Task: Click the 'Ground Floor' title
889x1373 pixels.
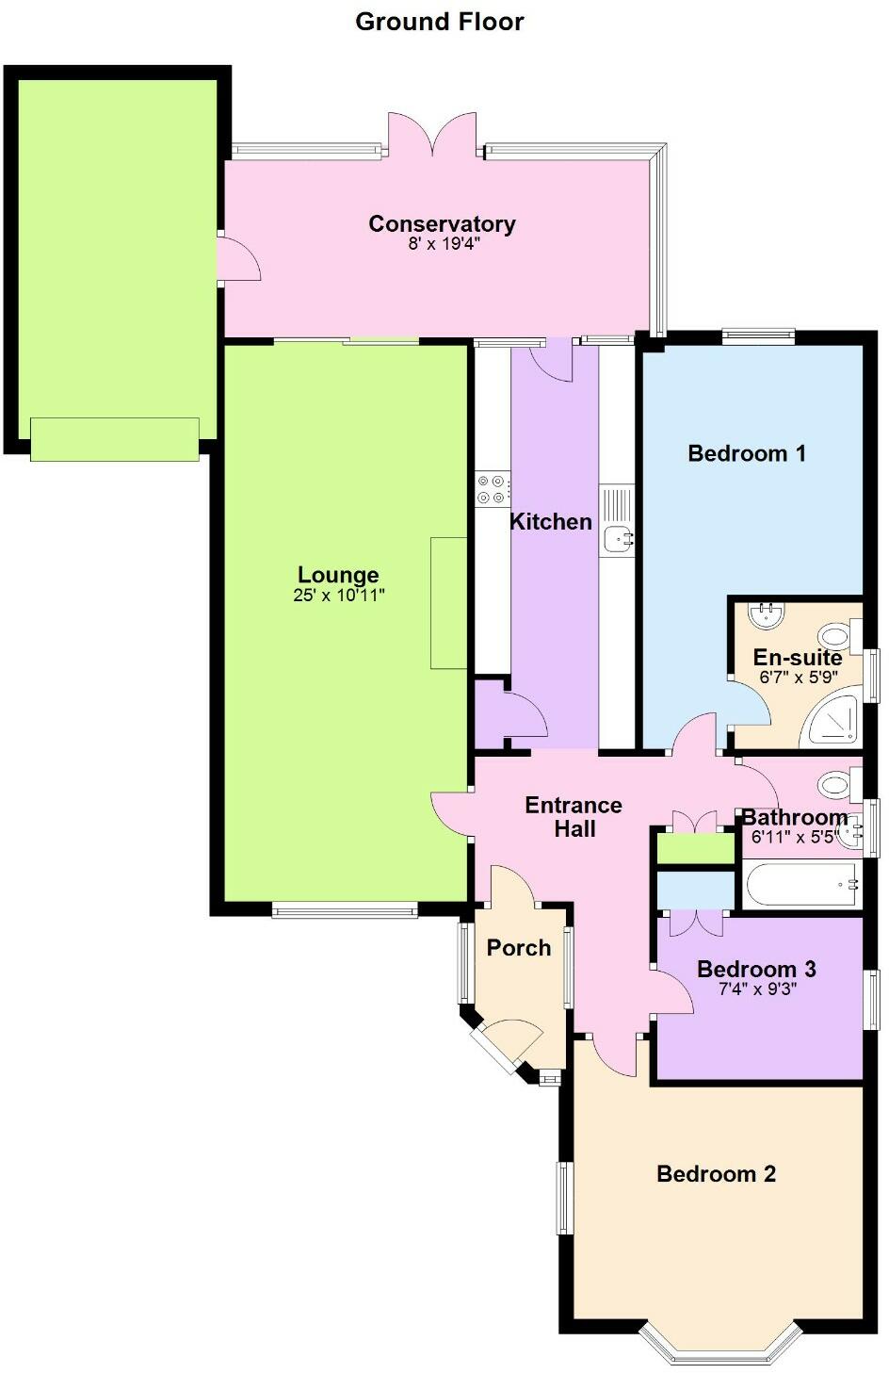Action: [x=439, y=22]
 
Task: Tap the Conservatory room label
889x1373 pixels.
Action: [x=442, y=223]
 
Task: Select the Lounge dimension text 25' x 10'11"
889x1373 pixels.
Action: [x=339, y=596]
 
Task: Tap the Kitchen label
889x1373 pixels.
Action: [x=551, y=521]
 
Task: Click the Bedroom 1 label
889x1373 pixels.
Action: [x=747, y=453]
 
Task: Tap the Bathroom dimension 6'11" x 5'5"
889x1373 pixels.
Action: [x=794, y=837]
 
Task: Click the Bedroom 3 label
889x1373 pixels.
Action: [x=756, y=969]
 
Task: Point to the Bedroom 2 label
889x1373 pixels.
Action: [x=716, y=1173]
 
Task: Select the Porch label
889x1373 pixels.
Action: [x=519, y=948]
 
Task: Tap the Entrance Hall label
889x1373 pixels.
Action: [x=574, y=817]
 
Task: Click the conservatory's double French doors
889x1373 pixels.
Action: [x=433, y=135]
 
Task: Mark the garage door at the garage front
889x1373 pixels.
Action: [x=115, y=439]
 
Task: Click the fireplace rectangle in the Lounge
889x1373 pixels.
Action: [x=449, y=603]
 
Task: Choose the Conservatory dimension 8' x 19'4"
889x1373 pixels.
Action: [x=442, y=244]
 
